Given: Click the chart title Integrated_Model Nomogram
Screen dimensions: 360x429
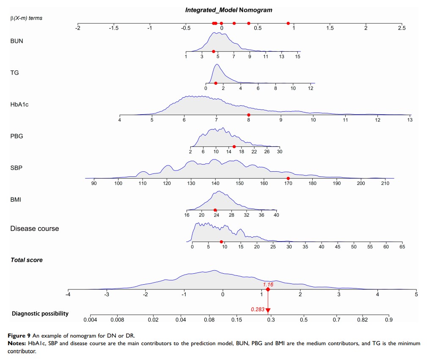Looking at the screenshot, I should (229, 10).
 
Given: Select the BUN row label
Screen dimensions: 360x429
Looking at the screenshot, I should (17, 41).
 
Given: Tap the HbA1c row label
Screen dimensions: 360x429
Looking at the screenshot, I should (19, 104).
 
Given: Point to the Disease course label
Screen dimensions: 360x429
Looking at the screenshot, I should (35, 228).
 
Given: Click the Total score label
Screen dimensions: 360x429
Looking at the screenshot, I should (27, 260).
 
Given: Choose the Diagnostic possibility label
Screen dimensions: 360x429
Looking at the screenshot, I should (40, 313).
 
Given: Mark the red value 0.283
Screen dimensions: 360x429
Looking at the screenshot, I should (257, 309).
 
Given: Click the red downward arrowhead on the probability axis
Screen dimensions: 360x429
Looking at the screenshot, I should (268, 311).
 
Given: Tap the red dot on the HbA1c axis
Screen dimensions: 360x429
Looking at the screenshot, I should (249, 115).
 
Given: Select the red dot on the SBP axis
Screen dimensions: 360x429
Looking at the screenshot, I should (288, 178).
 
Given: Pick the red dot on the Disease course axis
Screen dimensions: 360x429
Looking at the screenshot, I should (221, 242).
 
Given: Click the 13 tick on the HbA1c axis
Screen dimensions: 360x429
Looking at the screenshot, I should (410, 120).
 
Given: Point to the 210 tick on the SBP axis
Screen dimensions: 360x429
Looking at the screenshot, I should (385, 184).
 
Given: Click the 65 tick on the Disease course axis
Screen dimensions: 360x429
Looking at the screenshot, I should (401, 247).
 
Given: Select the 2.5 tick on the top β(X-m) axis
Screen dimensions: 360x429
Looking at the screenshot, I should (401, 28).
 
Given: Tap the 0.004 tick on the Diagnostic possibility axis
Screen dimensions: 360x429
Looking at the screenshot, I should (90, 320).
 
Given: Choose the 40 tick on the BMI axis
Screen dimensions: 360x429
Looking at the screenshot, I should (276, 215).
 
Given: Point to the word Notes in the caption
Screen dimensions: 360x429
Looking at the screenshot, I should (16, 343).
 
